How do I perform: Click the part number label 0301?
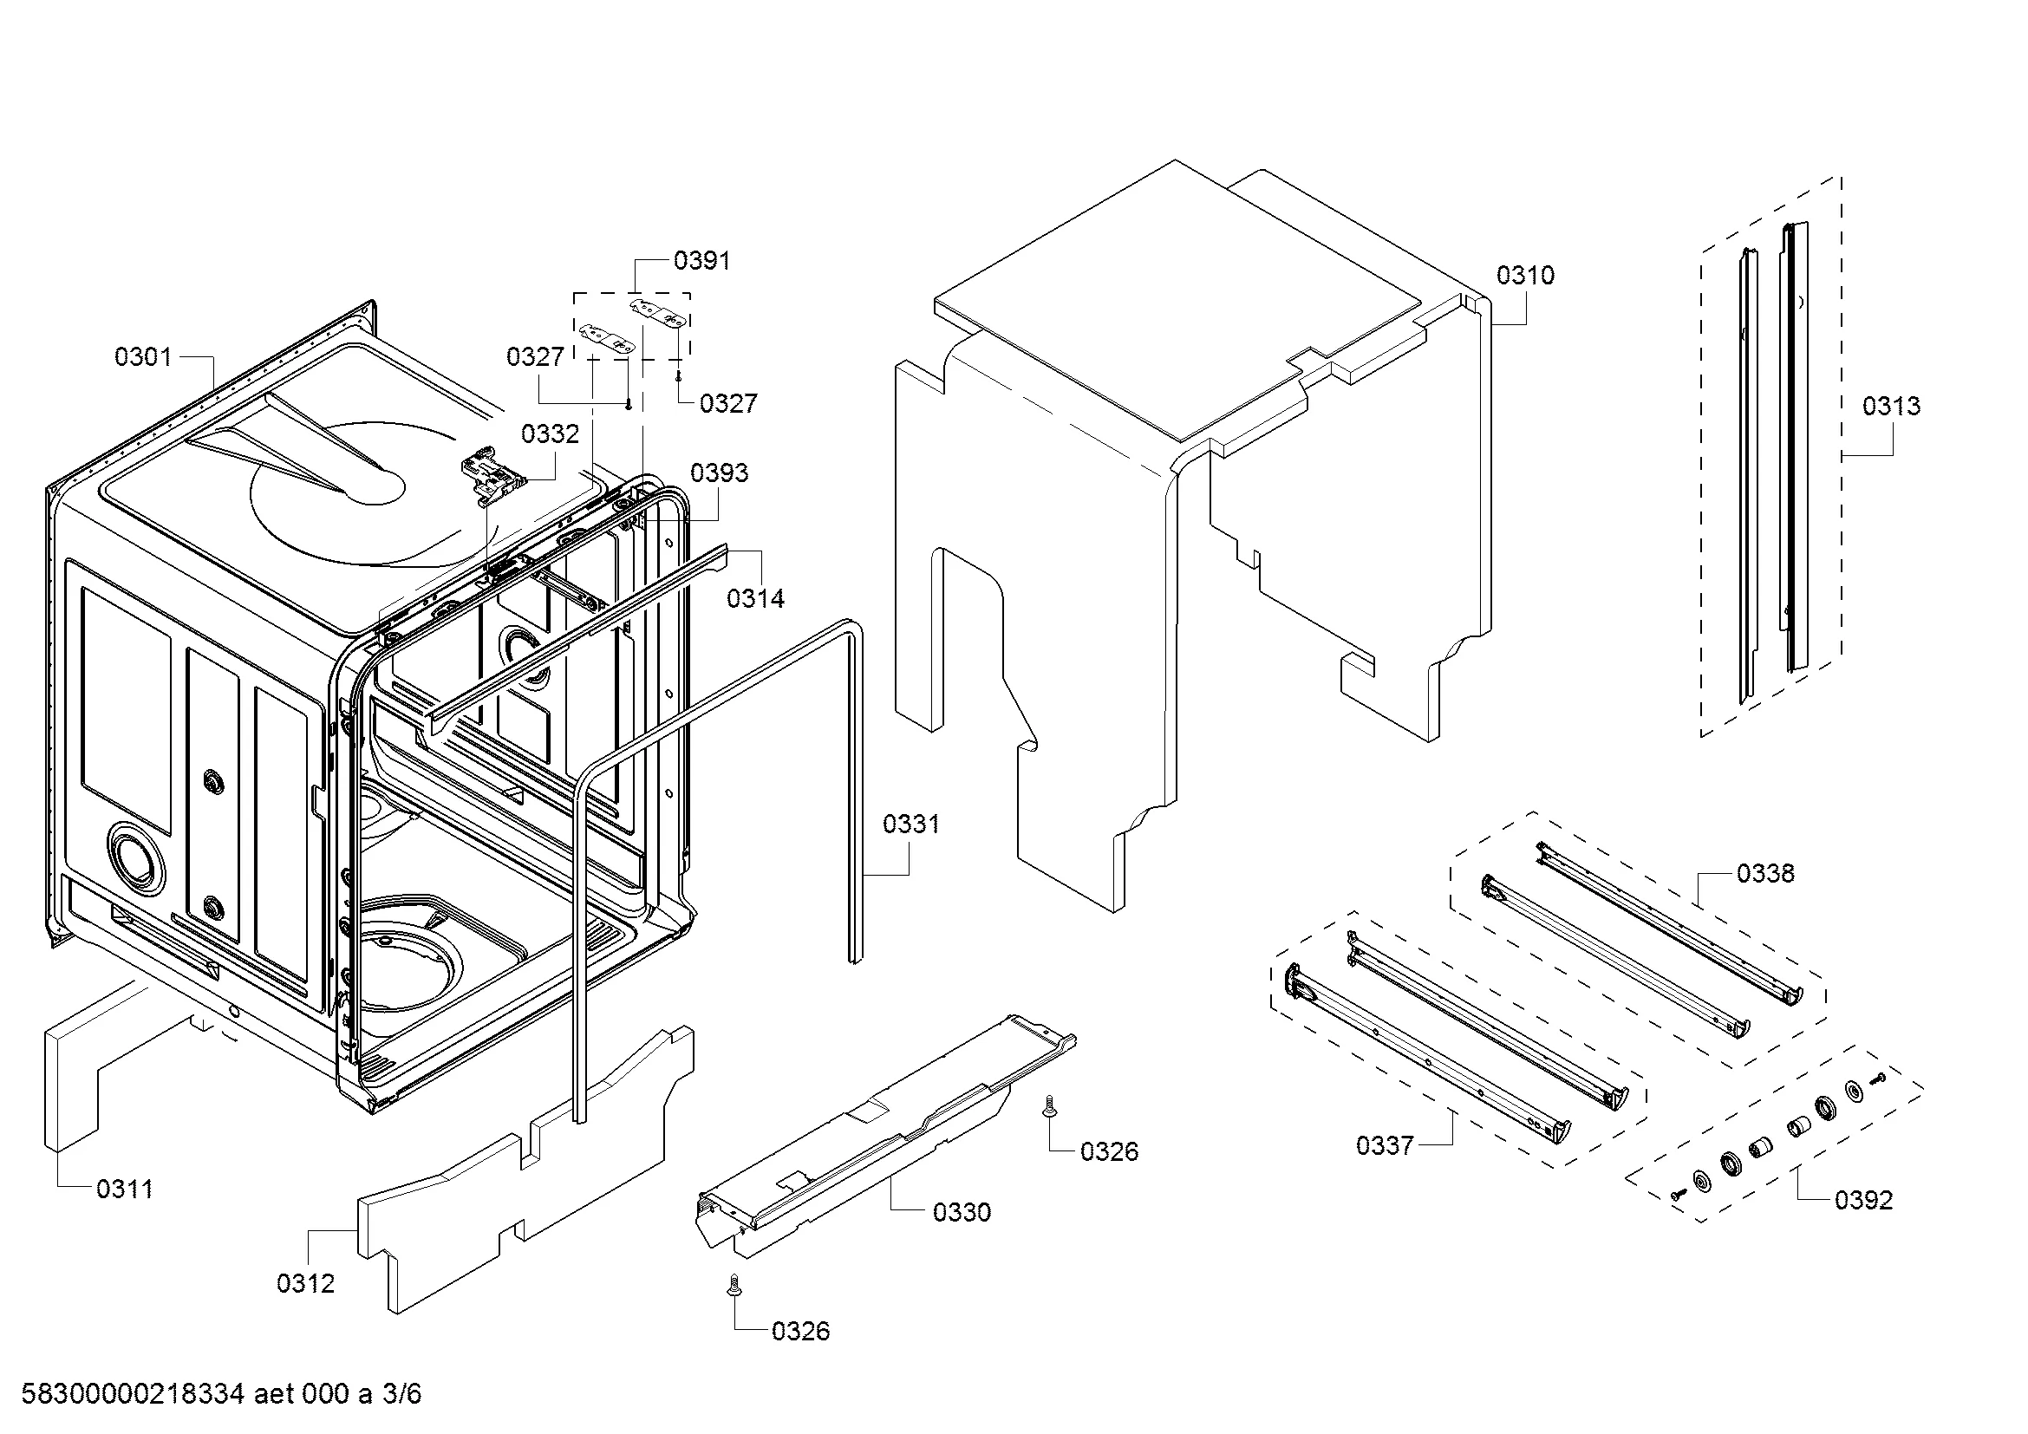pos(142,357)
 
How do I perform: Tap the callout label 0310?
pos(1524,276)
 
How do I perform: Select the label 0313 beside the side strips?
pos(1891,406)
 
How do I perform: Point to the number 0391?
pos(701,260)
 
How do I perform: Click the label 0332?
pos(550,433)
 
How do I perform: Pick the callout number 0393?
pos(719,473)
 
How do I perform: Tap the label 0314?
pos(755,599)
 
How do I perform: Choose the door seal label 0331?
pos(910,825)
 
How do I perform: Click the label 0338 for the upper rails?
pos(1764,874)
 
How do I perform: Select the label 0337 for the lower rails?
pos(1384,1146)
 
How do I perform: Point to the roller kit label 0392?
pos(1864,1200)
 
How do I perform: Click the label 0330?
pos(961,1212)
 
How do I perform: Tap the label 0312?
pos(305,1284)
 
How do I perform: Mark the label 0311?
pos(125,1190)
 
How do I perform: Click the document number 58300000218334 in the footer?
pos(133,1394)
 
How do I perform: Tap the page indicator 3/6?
pos(401,1394)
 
